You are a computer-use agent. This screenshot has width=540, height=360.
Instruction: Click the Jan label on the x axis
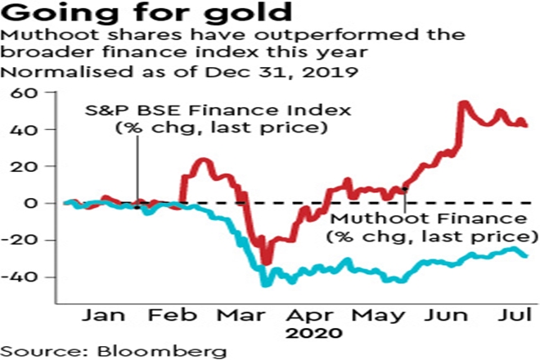[x=101, y=314]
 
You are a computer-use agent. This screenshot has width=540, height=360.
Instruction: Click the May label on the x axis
[x=372, y=314]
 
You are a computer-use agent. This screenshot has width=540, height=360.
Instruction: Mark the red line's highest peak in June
[x=464, y=103]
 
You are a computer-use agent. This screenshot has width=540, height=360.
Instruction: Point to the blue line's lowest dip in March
[x=264, y=284]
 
